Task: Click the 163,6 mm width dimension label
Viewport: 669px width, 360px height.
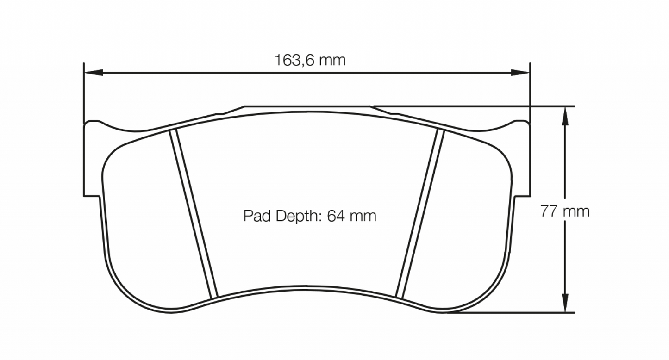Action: [310, 61]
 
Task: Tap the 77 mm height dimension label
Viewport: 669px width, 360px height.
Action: [565, 211]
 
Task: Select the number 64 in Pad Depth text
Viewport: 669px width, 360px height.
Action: [335, 216]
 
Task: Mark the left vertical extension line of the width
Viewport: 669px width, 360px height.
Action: [83, 93]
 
